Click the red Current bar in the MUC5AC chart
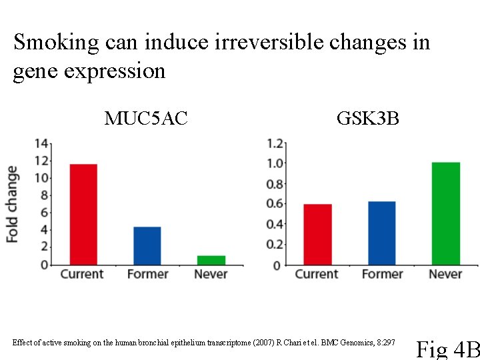(x=83, y=214)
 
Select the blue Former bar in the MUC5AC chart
(x=147, y=245)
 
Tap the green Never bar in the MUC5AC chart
(x=211, y=260)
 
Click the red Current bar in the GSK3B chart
(x=317, y=234)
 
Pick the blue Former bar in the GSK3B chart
(x=381, y=233)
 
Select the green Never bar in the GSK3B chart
(x=445, y=213)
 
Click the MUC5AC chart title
(x=146, y=119)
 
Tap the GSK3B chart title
(x=367, y=119)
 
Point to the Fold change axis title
(x=12, y=203)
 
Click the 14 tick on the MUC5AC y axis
(x=41, y=143)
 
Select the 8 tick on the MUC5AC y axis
(x=44, y=195)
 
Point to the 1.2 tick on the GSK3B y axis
(x=275, y=143)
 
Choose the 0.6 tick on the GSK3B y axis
(x=275, y=204)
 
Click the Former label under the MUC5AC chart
(x=147, y=274)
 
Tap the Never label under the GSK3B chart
(x=445, y=274)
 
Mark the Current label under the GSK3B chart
(x=317, y=274)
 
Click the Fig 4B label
(x=448, y=349)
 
